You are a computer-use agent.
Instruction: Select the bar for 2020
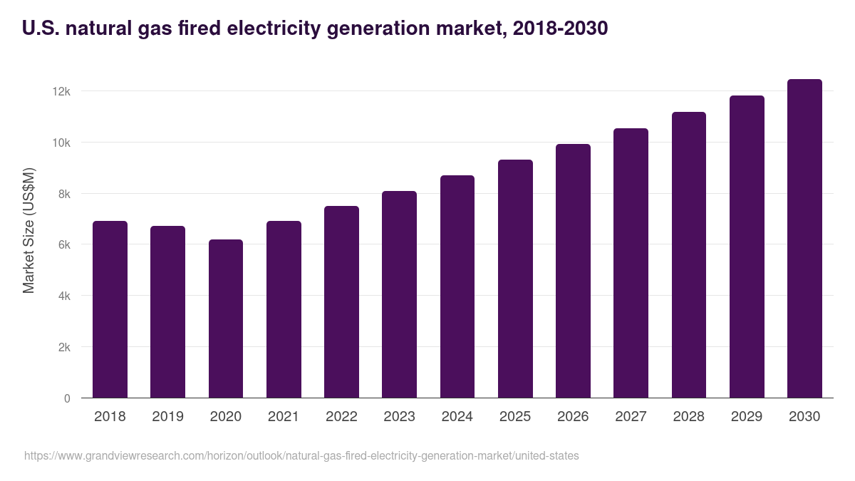pos(225,319)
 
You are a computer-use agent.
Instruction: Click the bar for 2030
pos(804,239)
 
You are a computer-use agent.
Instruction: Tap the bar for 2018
pos(110,309)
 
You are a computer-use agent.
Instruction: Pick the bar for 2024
pos(457,286)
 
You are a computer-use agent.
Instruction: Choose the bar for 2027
pos(631,263)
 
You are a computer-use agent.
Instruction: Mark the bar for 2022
pos(341,302)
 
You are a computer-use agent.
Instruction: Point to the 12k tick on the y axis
pos(61,91)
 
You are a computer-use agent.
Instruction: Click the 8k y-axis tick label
pos(63,194)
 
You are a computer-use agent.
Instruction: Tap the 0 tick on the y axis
pos(67,398)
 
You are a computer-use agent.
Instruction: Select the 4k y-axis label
pos(63,296)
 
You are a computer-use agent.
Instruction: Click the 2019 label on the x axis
pos(167,417)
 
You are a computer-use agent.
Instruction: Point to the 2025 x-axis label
pos(515,417)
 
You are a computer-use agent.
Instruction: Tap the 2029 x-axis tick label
pos(747,417)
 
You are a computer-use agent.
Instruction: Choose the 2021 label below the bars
pos(284,417)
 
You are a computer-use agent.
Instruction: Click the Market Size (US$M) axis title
pos(28,230)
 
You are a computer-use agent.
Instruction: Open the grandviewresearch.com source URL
pos(301,455)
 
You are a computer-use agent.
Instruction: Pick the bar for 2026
pos(573,271)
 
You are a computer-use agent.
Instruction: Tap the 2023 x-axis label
pos(399,417)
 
